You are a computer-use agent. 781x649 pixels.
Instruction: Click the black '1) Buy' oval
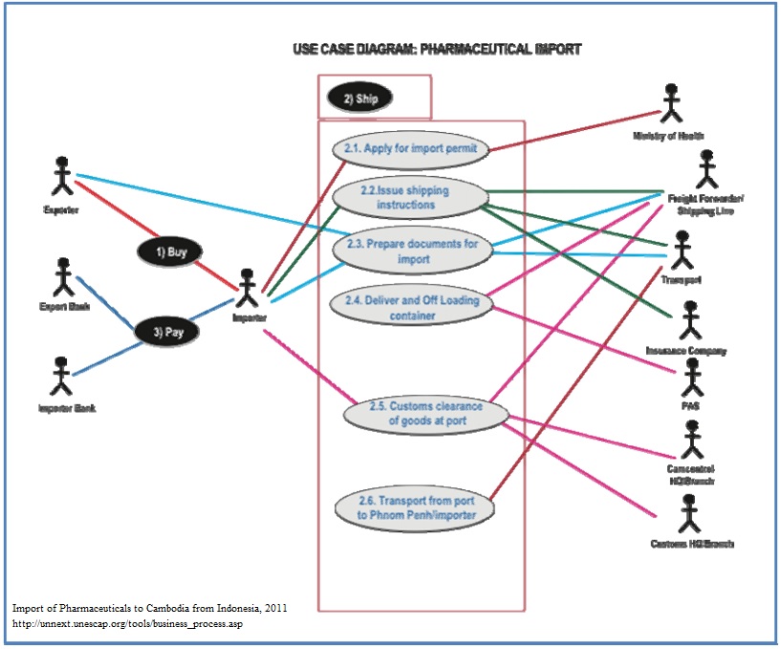click(169, 252)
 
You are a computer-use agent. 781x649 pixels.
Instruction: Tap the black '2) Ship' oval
click(359, 97)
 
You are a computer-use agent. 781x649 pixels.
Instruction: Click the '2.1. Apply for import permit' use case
click(412, 148)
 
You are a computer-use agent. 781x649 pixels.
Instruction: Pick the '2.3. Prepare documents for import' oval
click(413, 250)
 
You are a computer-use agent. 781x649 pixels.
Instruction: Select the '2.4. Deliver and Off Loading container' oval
click(412, 308)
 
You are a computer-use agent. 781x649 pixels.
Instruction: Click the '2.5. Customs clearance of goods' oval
click(426, 413)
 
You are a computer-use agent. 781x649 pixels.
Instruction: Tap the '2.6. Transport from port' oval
click(416, 508)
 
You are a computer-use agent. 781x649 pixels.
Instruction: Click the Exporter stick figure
click(62, 177)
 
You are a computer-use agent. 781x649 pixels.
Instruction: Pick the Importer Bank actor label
click(67, 408)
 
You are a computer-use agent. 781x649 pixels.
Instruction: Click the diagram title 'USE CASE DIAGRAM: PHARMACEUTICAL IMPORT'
click(437, 49)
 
